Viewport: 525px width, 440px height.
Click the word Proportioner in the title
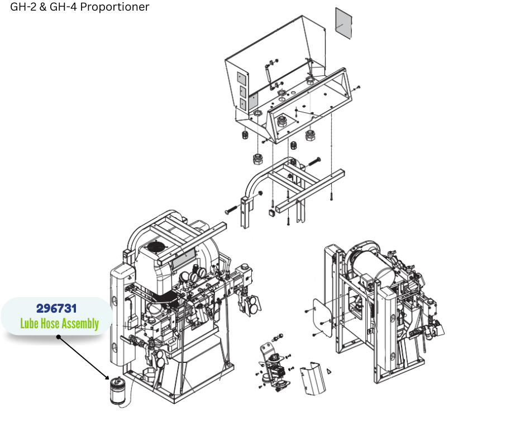[115, 7]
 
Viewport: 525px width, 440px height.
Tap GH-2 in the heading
[23, 7]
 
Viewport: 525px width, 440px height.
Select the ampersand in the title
[43, 7]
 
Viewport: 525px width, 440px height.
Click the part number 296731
[56, 308]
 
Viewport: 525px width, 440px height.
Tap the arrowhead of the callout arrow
[107, 377]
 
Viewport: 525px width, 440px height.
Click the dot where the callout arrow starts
[59, 337]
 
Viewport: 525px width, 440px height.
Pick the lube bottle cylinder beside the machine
[117, 391]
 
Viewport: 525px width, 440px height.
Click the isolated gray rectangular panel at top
[344, 23]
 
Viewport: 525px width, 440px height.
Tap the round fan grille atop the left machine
[157, 247]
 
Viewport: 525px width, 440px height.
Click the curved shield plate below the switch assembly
[313, 377]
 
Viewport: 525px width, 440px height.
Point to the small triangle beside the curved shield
[329, 371]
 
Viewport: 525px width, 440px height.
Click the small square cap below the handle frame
[271, 212]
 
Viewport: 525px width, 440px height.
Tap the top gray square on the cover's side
[241, 78]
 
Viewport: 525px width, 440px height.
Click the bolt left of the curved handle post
[232, 209]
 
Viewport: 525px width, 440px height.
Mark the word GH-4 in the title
[63, 7]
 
